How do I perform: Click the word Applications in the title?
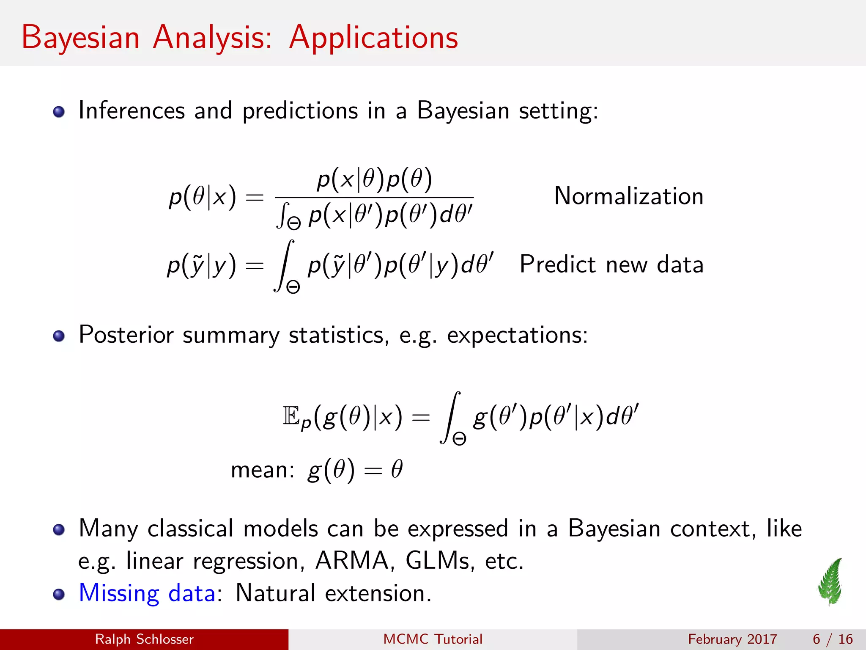point(373,38)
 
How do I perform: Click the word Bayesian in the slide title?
point(80,38)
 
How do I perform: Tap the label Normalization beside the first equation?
point(628,196)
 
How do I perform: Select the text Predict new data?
point(611,265)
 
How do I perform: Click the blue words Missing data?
point(147,593)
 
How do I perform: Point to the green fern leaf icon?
point(830,582)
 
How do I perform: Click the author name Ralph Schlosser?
point(144,639)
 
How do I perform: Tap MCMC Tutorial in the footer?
point(433,639)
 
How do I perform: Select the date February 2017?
point(732,639)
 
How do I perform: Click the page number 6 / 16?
point(832,639)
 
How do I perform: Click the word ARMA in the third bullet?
point(352,561)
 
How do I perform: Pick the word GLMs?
point(437,561)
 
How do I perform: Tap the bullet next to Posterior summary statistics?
point(59,336)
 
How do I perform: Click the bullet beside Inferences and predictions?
point(59,112)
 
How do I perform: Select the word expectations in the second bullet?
point(517,335)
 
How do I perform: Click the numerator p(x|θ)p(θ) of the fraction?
point(374,179)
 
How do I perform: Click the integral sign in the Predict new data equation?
point(284,266)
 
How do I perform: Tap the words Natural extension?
point(333,593)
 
